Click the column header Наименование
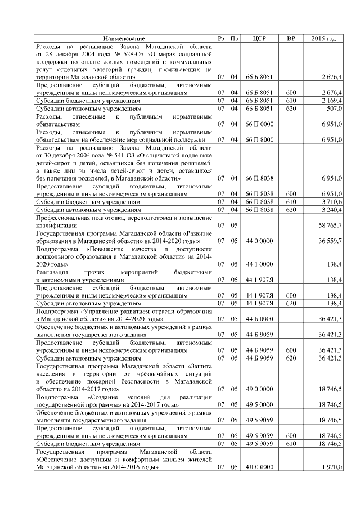pyautogui.click(x=124, y=38)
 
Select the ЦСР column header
pyautogui.click(x=259, y=38)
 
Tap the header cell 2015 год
pyautogui.click(x=323, y=38)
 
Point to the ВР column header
pyautogui.click(x=291, y=38)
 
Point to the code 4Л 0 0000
pyautogui.click(x=259, y=467)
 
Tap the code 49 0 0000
pyautogui.click(x=259, y=389)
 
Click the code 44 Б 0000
pyautogui.click(x=259, y=318)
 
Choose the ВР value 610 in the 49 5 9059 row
pyautogui.click(x=291, y=443)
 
